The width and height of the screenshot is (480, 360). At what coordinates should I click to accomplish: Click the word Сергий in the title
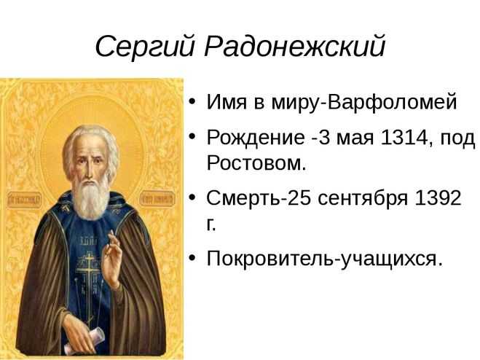(145, 47)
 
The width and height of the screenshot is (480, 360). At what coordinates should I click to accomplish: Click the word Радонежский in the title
(294, 46)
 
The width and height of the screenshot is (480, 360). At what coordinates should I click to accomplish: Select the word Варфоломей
(392, 103)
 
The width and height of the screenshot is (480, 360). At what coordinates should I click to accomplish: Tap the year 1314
(403, 137)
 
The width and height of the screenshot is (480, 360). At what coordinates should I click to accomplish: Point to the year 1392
(438, 198)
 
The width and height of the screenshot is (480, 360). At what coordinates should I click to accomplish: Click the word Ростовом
(256, 163)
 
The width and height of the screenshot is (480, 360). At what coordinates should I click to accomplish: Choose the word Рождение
(256, 138)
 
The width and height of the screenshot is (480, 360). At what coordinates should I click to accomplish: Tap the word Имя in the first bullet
(227, 102)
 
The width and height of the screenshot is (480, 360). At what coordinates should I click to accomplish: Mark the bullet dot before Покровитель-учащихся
(192, 257)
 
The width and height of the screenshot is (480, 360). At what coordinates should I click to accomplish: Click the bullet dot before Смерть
(192, 197)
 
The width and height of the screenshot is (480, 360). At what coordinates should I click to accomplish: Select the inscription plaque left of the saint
(24, 200)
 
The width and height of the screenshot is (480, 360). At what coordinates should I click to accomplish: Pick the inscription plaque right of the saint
(157, 198)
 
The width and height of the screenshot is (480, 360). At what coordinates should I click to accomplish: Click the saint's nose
(88, 173)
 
